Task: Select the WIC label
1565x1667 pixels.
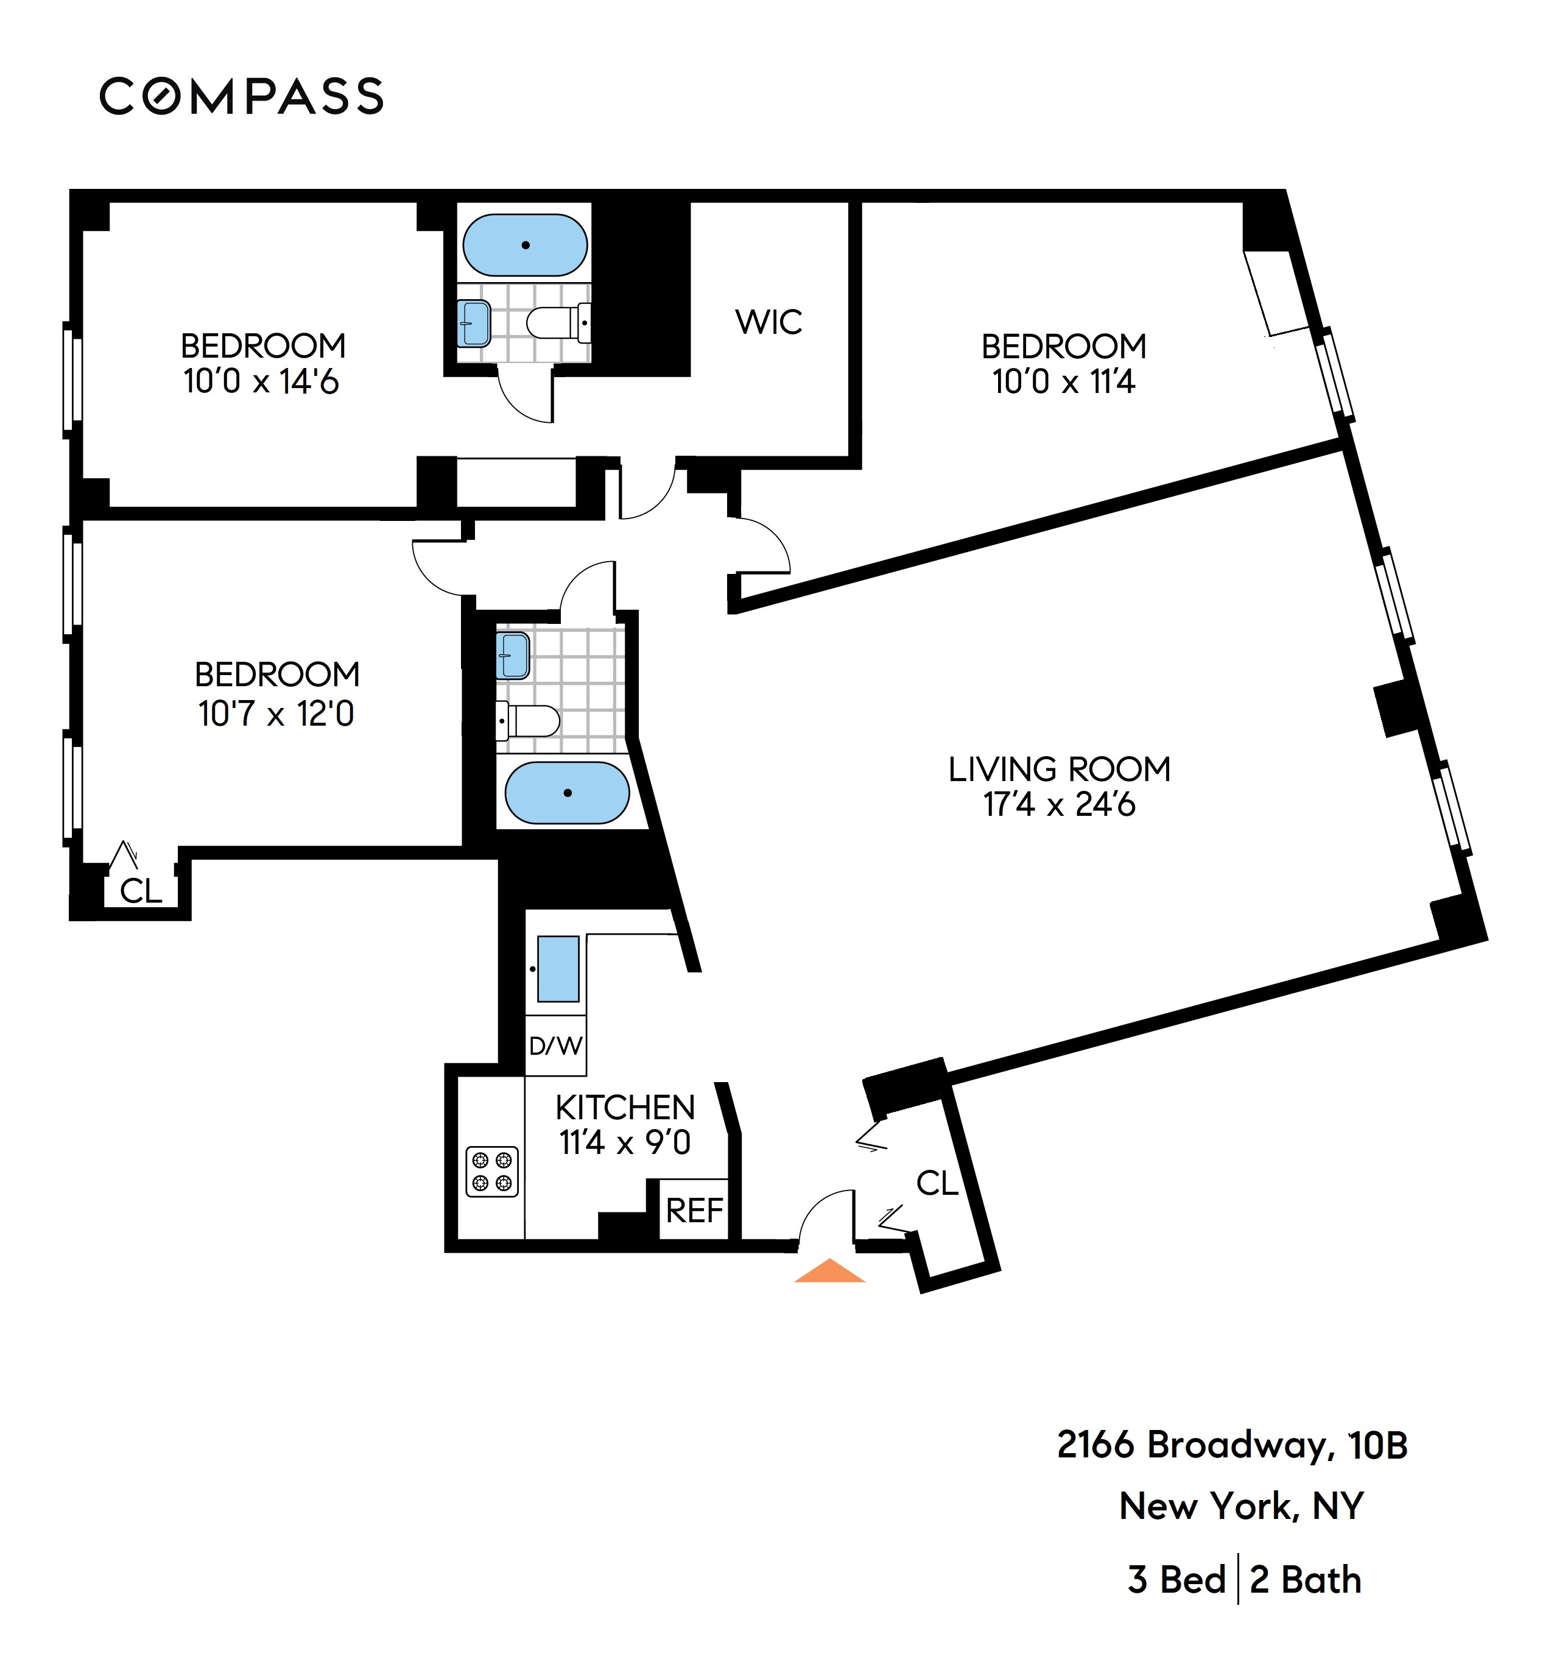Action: pyautogui.click(x=768, y=322)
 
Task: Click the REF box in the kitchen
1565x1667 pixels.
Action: pyautogui.click(x=694, y=1210)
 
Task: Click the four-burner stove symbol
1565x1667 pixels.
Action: pyautogui.click(x=492, y=1172)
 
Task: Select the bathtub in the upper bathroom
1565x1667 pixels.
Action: pyautogui.click(x=526, y=245)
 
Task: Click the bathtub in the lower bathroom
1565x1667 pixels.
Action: pyautogui.click(x=568, y=793)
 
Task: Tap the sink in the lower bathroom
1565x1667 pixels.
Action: pyautogui.click(x=513, y=655)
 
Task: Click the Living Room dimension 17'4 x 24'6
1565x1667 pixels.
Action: pyautogui.click(x=1060, y=804)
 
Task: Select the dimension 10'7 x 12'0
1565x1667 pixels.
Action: pyautogui.click(x=276, y=713)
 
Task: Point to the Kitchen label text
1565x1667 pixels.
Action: pyautogui.click(x=625, y=1108)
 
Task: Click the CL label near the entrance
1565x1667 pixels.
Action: pyautogui.click(x=937, y=1183)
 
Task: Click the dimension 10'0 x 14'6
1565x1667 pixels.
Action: pyautogui.click(x=261, y=381)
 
